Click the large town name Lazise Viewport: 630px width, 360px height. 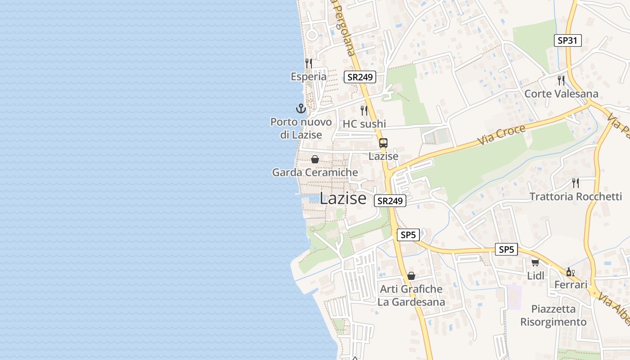(x=343, y=198)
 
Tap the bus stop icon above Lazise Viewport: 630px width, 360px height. (x=383, y=144)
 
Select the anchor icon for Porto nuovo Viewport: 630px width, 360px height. (x=301, y=108)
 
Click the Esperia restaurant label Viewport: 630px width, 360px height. (x=309, y=76)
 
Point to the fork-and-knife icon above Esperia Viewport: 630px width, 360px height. (x=309, y=63)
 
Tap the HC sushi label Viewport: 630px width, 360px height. (x=364, y=124)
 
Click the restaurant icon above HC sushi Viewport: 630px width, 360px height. (x=364, y=110)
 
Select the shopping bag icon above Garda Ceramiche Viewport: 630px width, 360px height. (x=315, y=159)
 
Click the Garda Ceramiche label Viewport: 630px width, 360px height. (x=315, y=172)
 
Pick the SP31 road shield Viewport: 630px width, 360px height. (x=567, y=40)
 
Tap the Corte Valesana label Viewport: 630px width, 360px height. (x=562, y=94)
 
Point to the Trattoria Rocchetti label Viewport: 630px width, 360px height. (x=576, y=197)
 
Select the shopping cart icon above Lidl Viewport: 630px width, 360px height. (x=535, y=262)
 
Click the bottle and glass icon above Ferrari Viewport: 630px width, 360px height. (x=570, y=272)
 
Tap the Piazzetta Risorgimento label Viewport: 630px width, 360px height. (x=553, y=315)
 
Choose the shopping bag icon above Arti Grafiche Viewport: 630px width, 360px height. (x=411, y=276)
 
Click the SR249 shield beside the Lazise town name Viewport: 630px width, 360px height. (x=390, y=201)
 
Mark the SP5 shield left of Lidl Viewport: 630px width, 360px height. (x=506, y=249)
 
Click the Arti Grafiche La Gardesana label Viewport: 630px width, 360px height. (x=411, y=295)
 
